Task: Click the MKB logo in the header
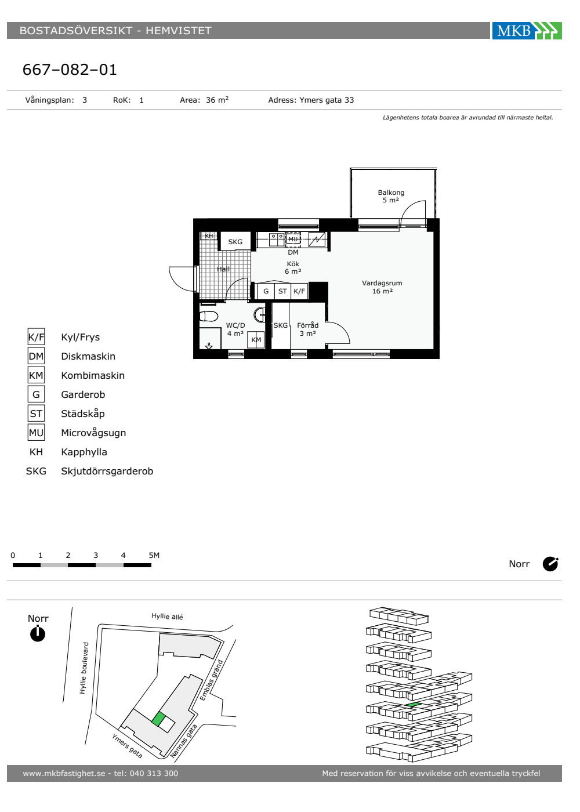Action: click(527, 30)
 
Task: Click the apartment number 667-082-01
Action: click(70, 70)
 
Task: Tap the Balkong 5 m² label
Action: click(391, 196)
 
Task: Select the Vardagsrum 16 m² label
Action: click(382, 287)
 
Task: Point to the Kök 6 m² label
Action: click(293, 267)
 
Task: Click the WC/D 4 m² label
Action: click(235, 329)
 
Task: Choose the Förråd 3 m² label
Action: click(308, 329)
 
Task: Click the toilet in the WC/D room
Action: click(208, 316)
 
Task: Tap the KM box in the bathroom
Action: click(256, 340)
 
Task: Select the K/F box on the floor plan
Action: click(299, 291)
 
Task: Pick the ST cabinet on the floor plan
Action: click(282, 291)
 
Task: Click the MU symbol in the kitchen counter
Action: click(293, 239)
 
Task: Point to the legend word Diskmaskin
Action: click(88, 356)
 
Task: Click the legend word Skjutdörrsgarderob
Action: click(107, 471)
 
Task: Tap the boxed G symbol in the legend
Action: click(36, 394)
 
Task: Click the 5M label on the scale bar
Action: click(154, 556)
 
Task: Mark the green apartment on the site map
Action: click(158, 719)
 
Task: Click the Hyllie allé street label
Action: click(167, 616)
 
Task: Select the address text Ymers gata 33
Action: click(326, 100)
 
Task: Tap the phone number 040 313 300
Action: click(154, 773)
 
